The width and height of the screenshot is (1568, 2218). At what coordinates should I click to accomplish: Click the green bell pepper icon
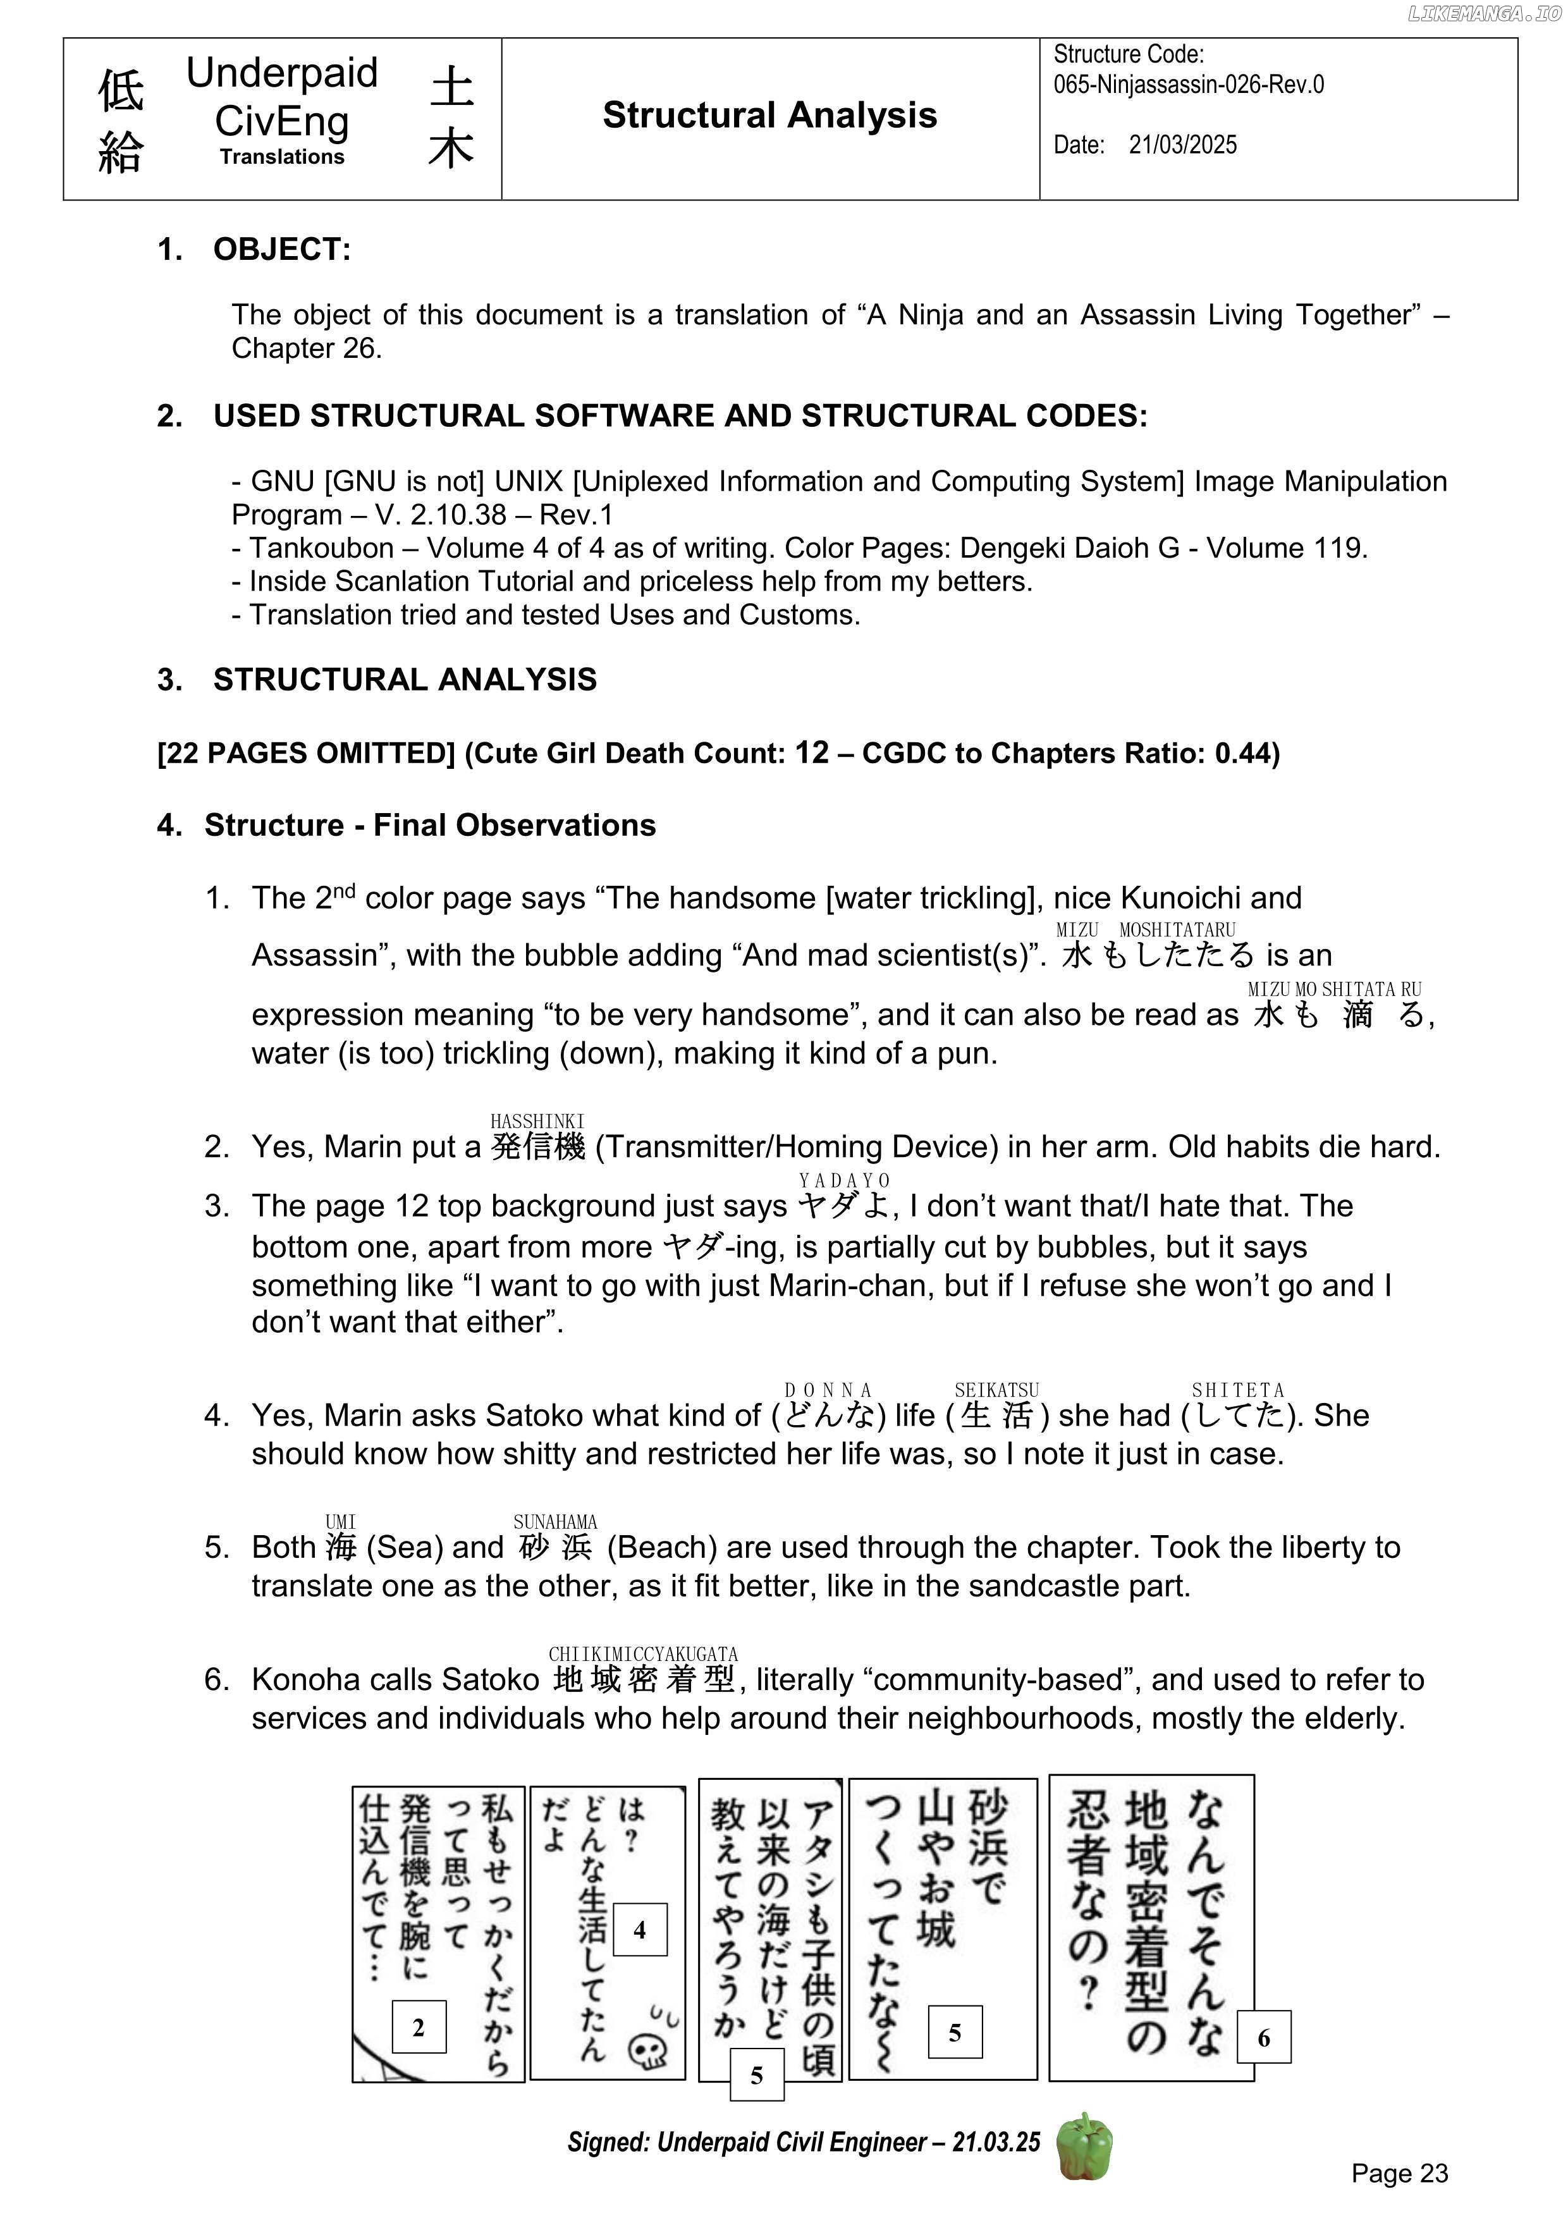1084,2145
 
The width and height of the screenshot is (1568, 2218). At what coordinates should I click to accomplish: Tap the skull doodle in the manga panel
647,2050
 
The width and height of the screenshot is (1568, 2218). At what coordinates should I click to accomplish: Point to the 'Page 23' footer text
1399,2172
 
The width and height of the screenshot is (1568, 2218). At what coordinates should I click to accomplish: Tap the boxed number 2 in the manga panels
419,2026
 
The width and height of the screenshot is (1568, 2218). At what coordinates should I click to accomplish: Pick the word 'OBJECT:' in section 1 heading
282,249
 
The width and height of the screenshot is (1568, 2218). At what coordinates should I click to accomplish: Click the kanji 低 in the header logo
121,92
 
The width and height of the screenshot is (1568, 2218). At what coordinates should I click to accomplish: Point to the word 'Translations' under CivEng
281,157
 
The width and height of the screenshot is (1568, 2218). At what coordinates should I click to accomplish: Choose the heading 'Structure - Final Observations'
430,825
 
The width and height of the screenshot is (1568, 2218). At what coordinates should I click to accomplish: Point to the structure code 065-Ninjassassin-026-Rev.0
1188,85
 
